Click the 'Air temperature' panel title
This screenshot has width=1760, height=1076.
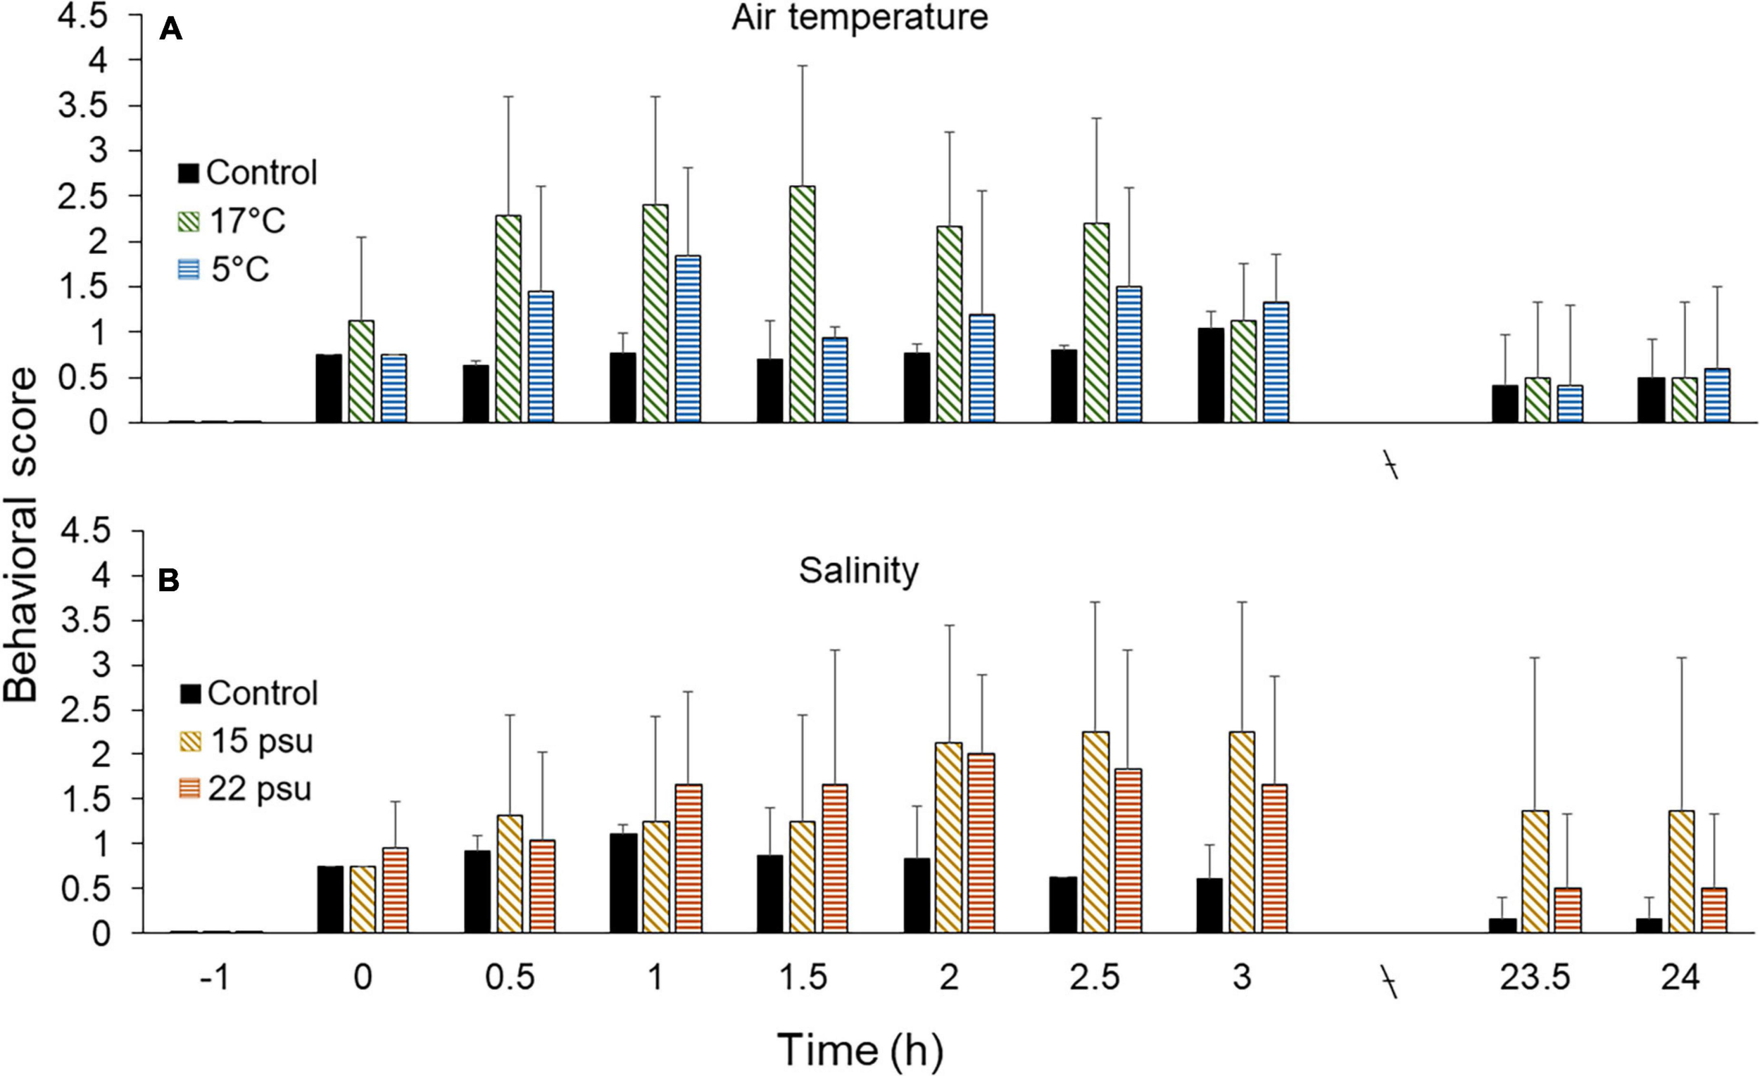pyautogui.click(x=860, y=17)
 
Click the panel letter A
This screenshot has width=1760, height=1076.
pyautogui.click(x=170, y=31)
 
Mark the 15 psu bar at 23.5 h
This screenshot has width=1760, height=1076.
pyautogui.click(x=1535, y=872)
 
